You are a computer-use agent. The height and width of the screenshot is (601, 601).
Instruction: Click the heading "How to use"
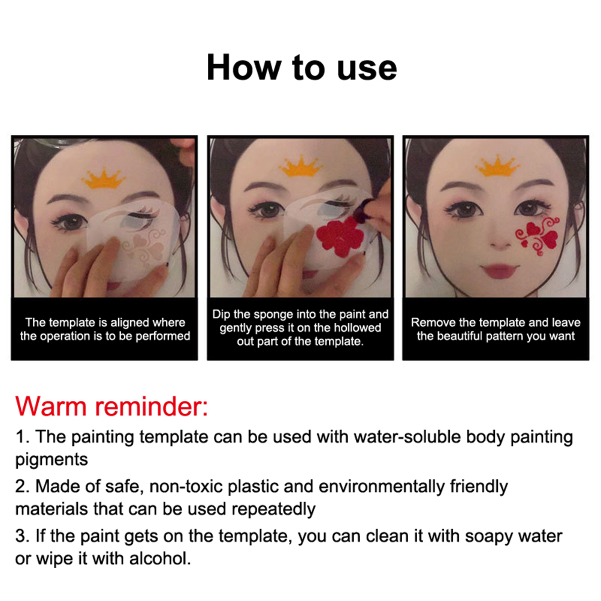[302, 68]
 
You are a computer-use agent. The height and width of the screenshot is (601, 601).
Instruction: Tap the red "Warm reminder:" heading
[112, 406]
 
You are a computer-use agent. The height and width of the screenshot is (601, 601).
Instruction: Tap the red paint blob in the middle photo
[340, 236]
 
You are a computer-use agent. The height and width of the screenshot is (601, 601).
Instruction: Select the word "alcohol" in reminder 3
[160, 559]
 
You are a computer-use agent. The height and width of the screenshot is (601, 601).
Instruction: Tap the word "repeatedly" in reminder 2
[273, 510]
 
